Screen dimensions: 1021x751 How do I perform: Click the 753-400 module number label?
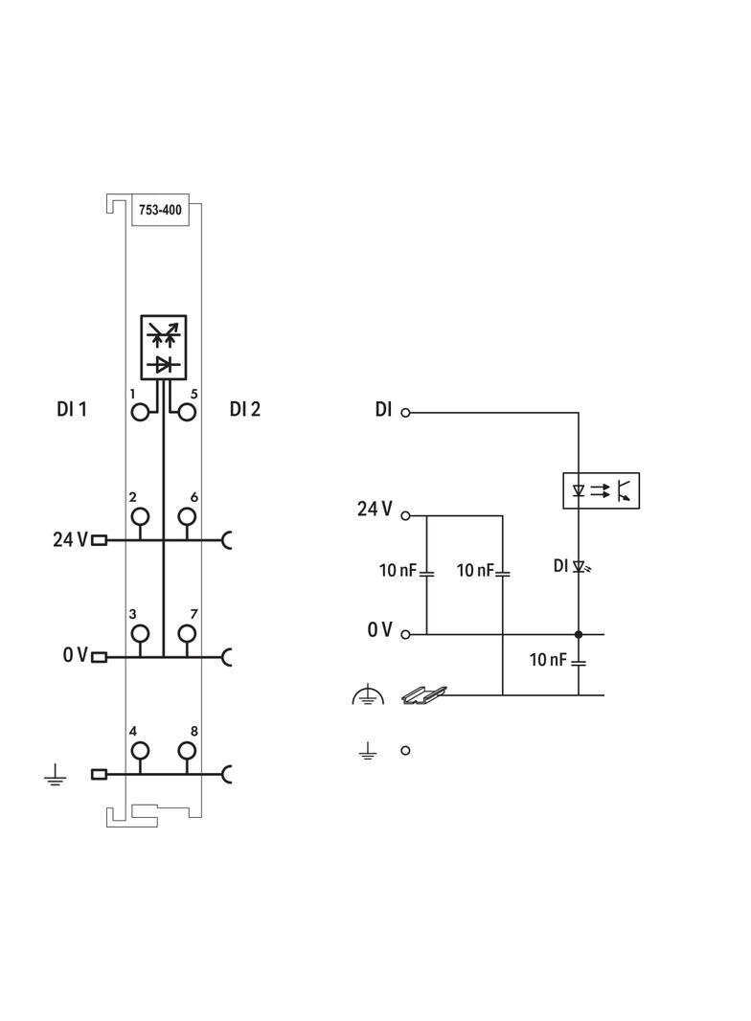point(160,209)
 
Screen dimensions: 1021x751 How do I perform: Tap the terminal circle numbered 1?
point(141,412)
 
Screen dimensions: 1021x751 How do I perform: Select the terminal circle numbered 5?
point(187,412)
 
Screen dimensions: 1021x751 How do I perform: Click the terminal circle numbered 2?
point(141,517)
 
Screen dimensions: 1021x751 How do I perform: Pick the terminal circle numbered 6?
point(187,517)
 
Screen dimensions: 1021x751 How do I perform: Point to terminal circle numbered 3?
point(141,633)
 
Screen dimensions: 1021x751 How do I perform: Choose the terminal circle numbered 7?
point(187,633)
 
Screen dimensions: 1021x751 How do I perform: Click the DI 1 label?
point(72,410)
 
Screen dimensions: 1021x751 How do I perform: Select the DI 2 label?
point(245,410)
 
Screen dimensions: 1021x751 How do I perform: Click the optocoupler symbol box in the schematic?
point(600,490)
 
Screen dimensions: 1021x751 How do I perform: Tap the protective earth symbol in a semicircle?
point(367,696)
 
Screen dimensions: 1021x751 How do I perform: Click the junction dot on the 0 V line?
point(579,634)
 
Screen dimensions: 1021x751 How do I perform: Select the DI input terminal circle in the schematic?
point(405,413)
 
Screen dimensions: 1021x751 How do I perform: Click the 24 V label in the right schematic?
point(375,510)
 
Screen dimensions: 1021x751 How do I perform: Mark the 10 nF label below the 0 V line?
point(549,660)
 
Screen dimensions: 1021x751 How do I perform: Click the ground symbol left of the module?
point(55,775)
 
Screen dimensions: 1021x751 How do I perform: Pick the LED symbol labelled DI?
point(579,566)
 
